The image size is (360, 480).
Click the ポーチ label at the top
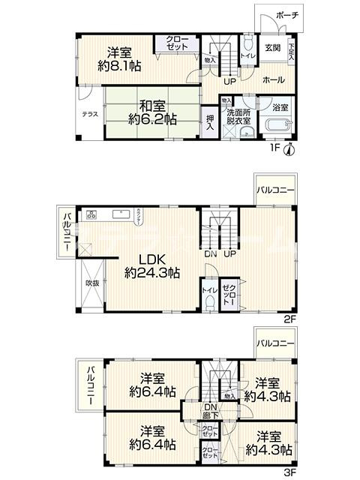pyautogui.click(x=287, y=15)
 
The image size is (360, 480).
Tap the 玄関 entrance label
pyautogui.click(x=272, y=49)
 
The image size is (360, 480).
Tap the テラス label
pyautogui.click(x=90, y=115)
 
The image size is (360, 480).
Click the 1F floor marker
pyautogui.click(x=274, y=148)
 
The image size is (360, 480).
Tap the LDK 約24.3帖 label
pyautogui.click(x=153, y=266)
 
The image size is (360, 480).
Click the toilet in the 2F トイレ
pyautogui.click(x=208, y=304)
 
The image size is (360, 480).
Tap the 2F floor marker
pyautogui.click(x=289, y=317)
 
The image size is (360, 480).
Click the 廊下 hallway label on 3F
pyautogui.click(x=211, y=414)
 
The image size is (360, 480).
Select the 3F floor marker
pyautogui.click(x=289, y=473)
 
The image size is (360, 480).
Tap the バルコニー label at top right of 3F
pyautogui.click(x=275, y=343)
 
